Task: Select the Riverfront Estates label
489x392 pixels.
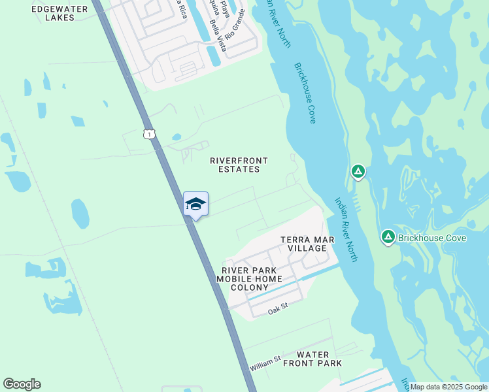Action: [x=239, y=165]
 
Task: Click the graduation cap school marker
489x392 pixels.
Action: [x=195, y=204]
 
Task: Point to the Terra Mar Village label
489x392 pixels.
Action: [x=307, y=244]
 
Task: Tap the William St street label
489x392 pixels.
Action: [x=265, y=364]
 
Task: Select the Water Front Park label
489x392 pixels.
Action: [x=312, y=359]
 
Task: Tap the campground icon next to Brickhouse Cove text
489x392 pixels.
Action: [x=388, y=237]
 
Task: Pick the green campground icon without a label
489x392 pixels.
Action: [x=358, y=172]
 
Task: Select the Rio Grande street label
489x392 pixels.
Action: [x=235, y=24]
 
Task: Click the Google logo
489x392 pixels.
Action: [x=22, y=384]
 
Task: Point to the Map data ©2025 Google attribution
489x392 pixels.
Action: [x=448, y=387]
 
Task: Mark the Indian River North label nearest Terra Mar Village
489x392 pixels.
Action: [x=346, y=230]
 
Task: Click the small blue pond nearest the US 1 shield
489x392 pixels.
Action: [x=177, y=137]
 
